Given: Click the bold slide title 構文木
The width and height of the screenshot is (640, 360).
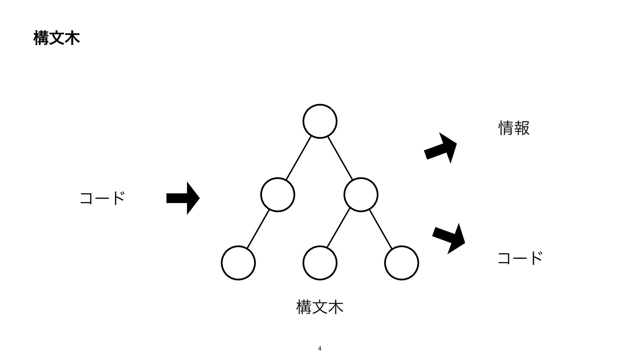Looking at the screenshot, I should click(57, 39).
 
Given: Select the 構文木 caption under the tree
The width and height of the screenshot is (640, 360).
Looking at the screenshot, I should click(319, 307).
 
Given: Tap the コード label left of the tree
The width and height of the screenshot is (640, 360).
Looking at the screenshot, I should click(102, 198).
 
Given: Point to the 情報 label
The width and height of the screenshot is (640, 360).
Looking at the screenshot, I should click(514, 128).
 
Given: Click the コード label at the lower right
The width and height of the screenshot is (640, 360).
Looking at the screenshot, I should click(520, 258).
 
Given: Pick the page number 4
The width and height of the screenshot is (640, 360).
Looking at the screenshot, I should click(320, 349).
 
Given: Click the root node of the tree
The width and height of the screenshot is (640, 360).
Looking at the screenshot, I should click(320, 121).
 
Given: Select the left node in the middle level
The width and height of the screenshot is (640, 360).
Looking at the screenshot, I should click(278, 195).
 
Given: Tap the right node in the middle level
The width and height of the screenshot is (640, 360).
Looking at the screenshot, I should click(361, 195).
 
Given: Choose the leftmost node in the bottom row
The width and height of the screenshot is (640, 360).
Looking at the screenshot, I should click(238, 263).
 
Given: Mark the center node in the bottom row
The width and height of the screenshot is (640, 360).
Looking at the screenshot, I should click(320, 263).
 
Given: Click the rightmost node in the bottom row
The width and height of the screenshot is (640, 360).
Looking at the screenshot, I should click(401, 263).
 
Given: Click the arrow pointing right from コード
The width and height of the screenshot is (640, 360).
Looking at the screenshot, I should click(183, 198).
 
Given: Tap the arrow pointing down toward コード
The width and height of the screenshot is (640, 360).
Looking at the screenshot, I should click(449, 238).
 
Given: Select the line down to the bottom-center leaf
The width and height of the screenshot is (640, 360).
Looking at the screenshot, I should click(339, 228).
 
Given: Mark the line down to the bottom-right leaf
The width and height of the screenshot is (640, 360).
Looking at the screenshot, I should click(381, 229).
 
